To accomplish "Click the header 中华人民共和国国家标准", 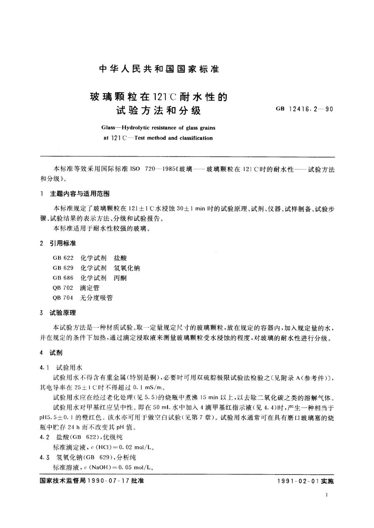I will [159, 69].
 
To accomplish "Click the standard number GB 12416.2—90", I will [304, 109].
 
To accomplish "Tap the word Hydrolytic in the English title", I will [137, 128].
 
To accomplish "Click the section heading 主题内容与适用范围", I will [79, 194].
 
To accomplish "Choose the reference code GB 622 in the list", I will [63, 258].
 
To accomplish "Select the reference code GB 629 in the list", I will [63, 268].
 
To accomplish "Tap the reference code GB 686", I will [63, 278].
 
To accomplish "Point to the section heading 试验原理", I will [62, 313].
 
